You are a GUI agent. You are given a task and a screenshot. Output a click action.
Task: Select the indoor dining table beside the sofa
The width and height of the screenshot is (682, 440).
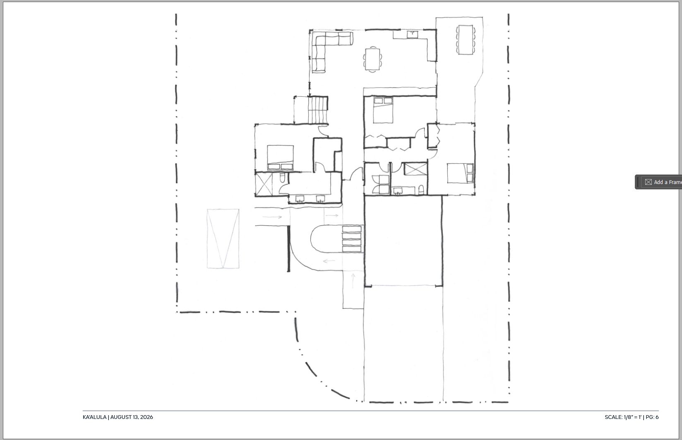(x=372, y=59)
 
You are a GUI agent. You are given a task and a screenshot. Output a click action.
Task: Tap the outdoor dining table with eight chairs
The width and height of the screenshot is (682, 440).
(x=466, y=40)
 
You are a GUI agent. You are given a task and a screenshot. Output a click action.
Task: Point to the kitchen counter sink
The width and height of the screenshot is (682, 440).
(x=412, y=33)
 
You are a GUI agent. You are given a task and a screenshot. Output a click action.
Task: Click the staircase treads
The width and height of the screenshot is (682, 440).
(x=317, y=110)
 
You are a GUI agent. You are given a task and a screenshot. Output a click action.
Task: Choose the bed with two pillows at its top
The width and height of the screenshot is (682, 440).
(x=383, y=110)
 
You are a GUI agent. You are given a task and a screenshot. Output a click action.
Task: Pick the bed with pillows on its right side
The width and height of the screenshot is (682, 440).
(x=460, y=173)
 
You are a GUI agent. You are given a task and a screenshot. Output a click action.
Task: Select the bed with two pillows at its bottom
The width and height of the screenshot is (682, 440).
(x=281, y=158)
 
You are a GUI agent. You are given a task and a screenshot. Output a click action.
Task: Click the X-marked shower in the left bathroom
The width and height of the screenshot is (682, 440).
(x=264, y=184)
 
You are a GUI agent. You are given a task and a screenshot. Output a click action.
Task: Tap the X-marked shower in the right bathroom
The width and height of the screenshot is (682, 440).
(x=415, y=169)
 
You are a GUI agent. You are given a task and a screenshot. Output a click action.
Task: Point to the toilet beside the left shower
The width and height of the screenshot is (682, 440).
(x=282, y=177)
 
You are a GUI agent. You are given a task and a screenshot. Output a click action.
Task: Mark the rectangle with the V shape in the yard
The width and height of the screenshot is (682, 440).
(x=223, y=239)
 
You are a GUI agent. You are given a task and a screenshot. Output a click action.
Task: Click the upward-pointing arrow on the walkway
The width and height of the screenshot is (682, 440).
(x=353, y=280)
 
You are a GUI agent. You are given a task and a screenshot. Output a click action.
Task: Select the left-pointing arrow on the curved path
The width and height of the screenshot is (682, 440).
(x=329, y=261)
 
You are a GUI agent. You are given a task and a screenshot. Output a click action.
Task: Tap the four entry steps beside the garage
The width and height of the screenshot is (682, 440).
(x=352, y=239)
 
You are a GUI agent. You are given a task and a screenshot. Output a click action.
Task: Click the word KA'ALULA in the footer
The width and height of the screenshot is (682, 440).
(x=94, y=417)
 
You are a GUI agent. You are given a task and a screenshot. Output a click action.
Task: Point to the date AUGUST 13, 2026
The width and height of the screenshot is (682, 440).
(x=132, y=417)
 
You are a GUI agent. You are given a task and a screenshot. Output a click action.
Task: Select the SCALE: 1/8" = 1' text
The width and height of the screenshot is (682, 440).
(x=623, y=417)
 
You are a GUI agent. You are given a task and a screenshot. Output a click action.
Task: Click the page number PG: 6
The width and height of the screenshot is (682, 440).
(x=652, y=417)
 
